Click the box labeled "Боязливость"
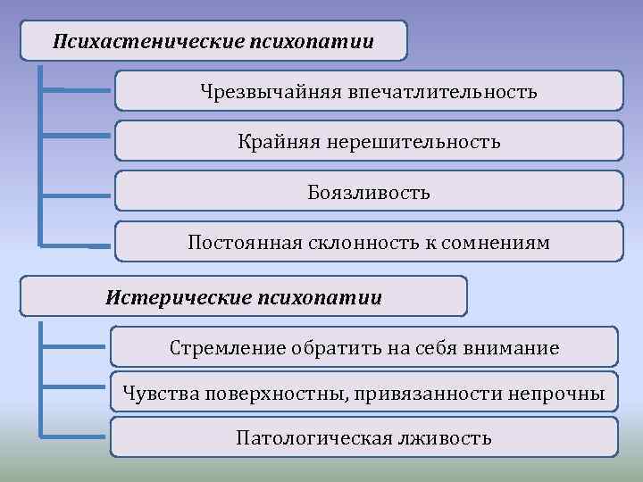click(x=369, y=192)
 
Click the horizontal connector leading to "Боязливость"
click(x=79, y=194)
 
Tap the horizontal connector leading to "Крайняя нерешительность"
click(x=79, y=137)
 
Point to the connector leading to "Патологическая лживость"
click(x=75, y=437)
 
